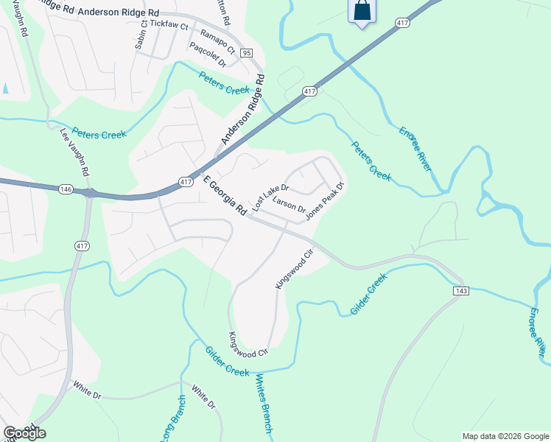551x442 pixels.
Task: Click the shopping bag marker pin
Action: tap(362, 12)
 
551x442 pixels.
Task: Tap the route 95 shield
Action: tap(247, 53)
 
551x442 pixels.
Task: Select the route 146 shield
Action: tap(66, 189)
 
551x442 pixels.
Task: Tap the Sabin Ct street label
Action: tap(141, 36)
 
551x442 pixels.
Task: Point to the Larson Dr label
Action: tap(289, 204)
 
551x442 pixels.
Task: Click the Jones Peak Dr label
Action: tap(325, 200)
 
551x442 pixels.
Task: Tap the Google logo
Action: tap(24, 433)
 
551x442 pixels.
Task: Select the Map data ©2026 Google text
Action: tap(505, 436)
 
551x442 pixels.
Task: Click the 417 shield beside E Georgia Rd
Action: tap(186, 181)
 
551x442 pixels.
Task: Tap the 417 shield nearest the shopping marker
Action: tap(402, 24)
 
